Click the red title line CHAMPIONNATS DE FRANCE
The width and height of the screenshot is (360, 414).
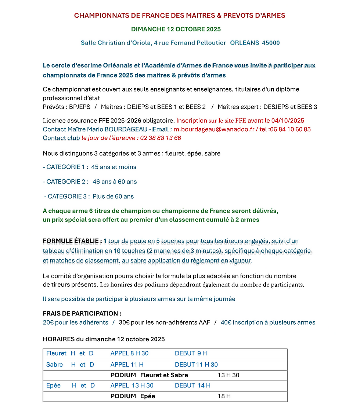point(180,15)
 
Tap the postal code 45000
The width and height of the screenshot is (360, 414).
point(271,43)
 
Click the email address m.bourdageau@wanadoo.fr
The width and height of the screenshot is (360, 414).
point(213,129)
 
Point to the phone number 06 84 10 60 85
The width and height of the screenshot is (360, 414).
point(290,129)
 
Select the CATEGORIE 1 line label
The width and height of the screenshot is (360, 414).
point(65,167)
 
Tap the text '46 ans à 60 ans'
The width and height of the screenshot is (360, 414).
point(115,182)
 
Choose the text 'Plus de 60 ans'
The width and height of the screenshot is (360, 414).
point(113,196)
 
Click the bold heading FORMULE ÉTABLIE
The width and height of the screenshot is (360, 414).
point(72,241)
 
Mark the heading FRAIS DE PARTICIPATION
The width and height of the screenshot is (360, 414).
point(82,314)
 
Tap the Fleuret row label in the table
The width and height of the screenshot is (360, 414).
point(56,353)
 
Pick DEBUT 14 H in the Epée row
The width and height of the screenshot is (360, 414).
point(192,385)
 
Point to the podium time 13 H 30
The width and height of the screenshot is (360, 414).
point(228,375)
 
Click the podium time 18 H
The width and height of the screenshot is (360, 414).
point(224,396)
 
